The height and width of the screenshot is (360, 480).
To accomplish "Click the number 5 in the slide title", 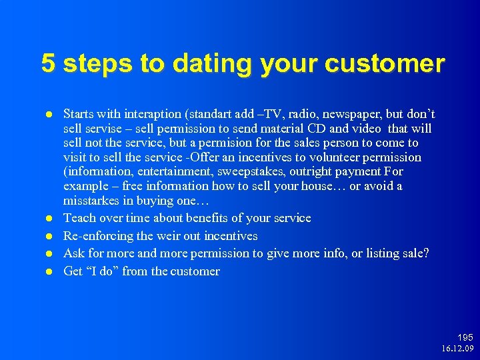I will click(x=48, y=63).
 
